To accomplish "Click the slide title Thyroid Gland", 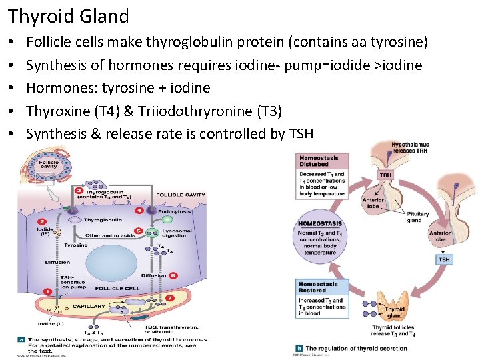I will click(x=68, y=15).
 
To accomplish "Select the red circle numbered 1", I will click(x=47, y=291).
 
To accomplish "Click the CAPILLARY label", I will click(x=89, y=306).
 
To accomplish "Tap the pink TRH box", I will click(x=385, y=176).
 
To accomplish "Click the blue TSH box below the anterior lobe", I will click(x=443, y=259).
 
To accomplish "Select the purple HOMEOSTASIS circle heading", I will click(x=320, y=224).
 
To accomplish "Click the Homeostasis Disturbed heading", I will click(x=318, y=161).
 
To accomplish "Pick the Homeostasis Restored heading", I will click(x=318, y=287).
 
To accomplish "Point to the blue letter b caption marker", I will click(x=299, y=348).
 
